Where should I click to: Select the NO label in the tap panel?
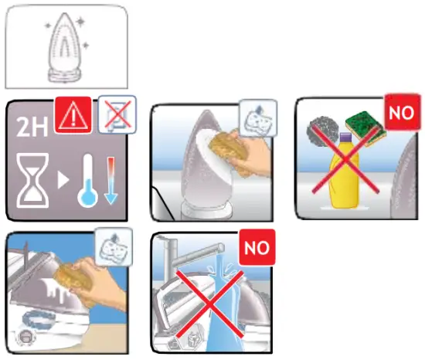(x=256, y=250)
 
